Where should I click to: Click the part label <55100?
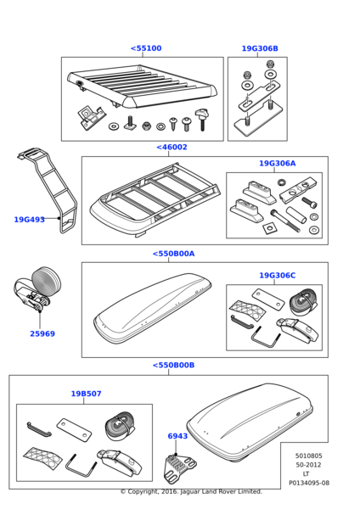click(146, 48)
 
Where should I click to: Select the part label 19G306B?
click(260, 48)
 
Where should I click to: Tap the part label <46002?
click(172, 147)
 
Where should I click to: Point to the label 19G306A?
click(277, 163)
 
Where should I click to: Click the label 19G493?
click(29, 220)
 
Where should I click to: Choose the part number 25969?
click(42, 333)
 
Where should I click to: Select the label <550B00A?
click(173, 254)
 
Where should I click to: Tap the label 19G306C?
click(277, 275)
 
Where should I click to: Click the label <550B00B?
click(173, 365)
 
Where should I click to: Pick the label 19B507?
click(86, 394)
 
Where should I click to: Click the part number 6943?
click(177, 436)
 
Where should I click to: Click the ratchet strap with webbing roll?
click(37, 288)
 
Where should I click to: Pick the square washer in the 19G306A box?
click(268, 228)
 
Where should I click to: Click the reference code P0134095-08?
click(309, 483)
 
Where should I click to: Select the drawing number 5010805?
click(309, 456)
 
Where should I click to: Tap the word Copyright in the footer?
click(141, 491)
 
